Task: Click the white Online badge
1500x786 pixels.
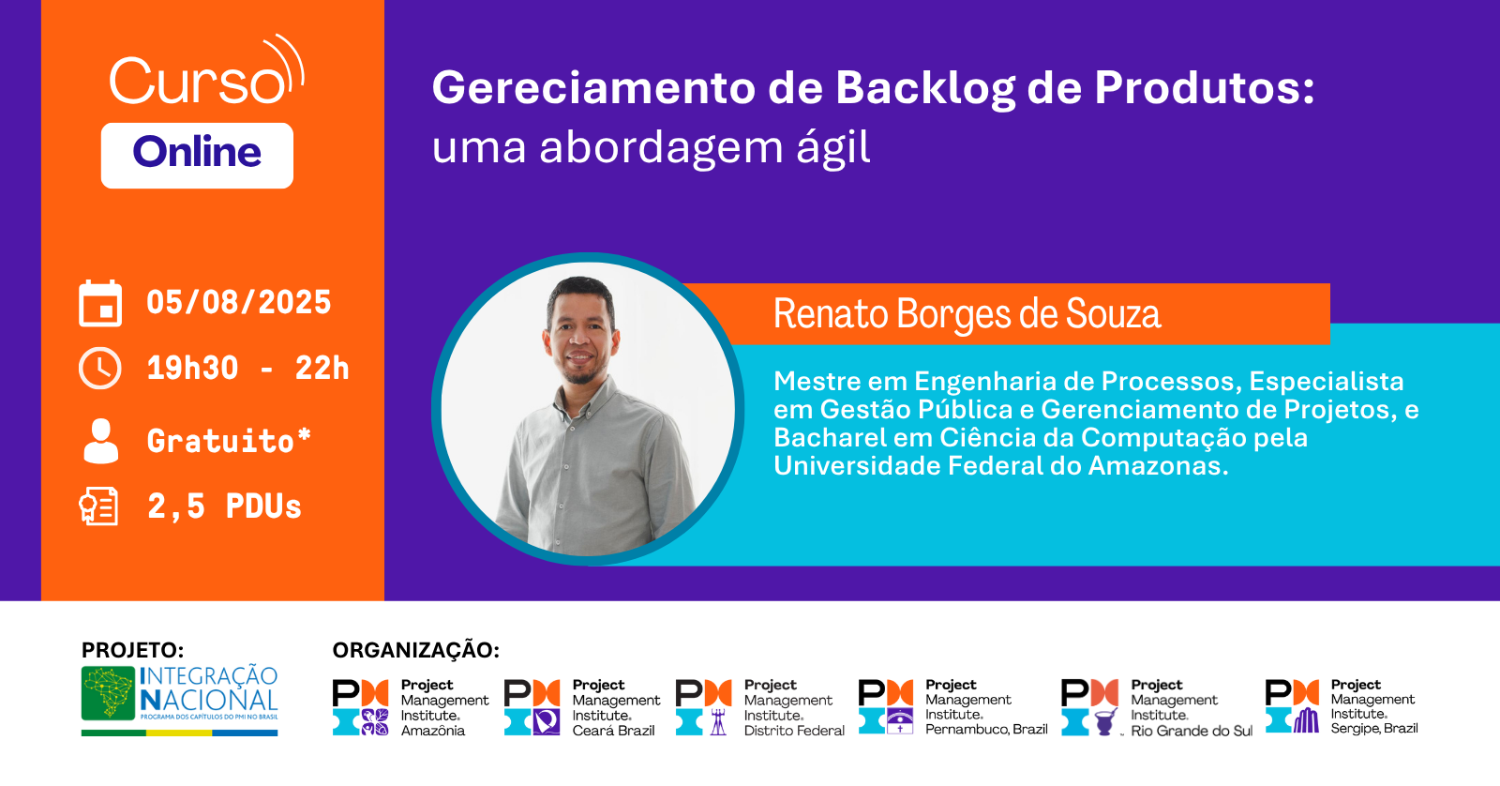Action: tap(197, 155)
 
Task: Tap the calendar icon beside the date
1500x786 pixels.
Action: tap(100, 303)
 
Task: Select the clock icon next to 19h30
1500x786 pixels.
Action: tap(100, 369)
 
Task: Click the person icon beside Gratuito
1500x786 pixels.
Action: tap(101, 441)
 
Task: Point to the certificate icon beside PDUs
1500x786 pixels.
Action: tap(99, 506)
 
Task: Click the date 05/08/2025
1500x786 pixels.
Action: tap(238, 303)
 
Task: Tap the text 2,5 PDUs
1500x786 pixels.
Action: tap(224, 506)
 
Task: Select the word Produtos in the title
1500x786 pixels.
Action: tap(1204, 88)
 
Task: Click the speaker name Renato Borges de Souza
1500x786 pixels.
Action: tap(967, 314)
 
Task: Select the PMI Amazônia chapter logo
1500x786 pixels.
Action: tap(411, 707)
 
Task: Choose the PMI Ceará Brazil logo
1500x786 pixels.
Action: tap(581, 707)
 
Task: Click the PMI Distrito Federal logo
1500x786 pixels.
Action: tap(759, 707)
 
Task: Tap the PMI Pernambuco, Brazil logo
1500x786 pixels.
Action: tap(952, 706)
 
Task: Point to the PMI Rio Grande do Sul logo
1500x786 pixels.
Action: tap(1156, 707)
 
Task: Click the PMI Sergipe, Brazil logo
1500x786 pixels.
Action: tap(1341, 706)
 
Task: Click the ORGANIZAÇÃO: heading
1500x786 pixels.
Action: tap(416, 650)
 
